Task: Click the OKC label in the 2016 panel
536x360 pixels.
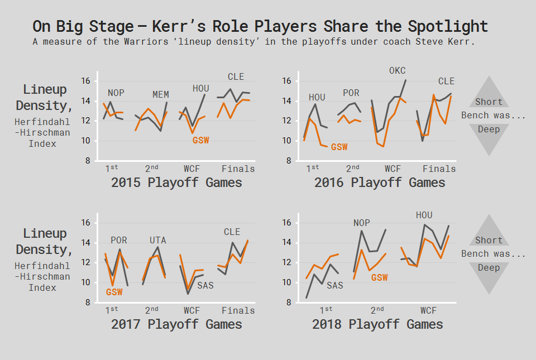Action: point(398,71)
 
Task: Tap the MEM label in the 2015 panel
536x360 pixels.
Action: point(161,95)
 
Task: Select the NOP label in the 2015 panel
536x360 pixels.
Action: point(116,93)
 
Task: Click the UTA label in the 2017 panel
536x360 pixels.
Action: point(158,241)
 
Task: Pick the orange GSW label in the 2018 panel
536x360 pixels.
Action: point(379,277)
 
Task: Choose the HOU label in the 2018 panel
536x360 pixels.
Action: point(424,215)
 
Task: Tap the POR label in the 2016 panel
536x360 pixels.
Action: point(351,93)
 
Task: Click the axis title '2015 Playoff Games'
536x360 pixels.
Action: point(176,183)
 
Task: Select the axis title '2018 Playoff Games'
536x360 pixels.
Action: point(377,324)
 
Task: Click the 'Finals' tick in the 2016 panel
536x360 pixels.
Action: point(439,169)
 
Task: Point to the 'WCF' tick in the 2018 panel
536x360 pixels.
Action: point(428,310)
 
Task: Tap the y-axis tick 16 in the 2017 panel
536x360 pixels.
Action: point(86,223)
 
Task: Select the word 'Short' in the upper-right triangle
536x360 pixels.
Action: point(489,102)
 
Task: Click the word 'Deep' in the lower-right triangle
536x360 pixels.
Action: point(489,268)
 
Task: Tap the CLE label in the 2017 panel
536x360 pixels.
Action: point(232,232)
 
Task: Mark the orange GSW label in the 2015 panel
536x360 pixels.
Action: point(200,140)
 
